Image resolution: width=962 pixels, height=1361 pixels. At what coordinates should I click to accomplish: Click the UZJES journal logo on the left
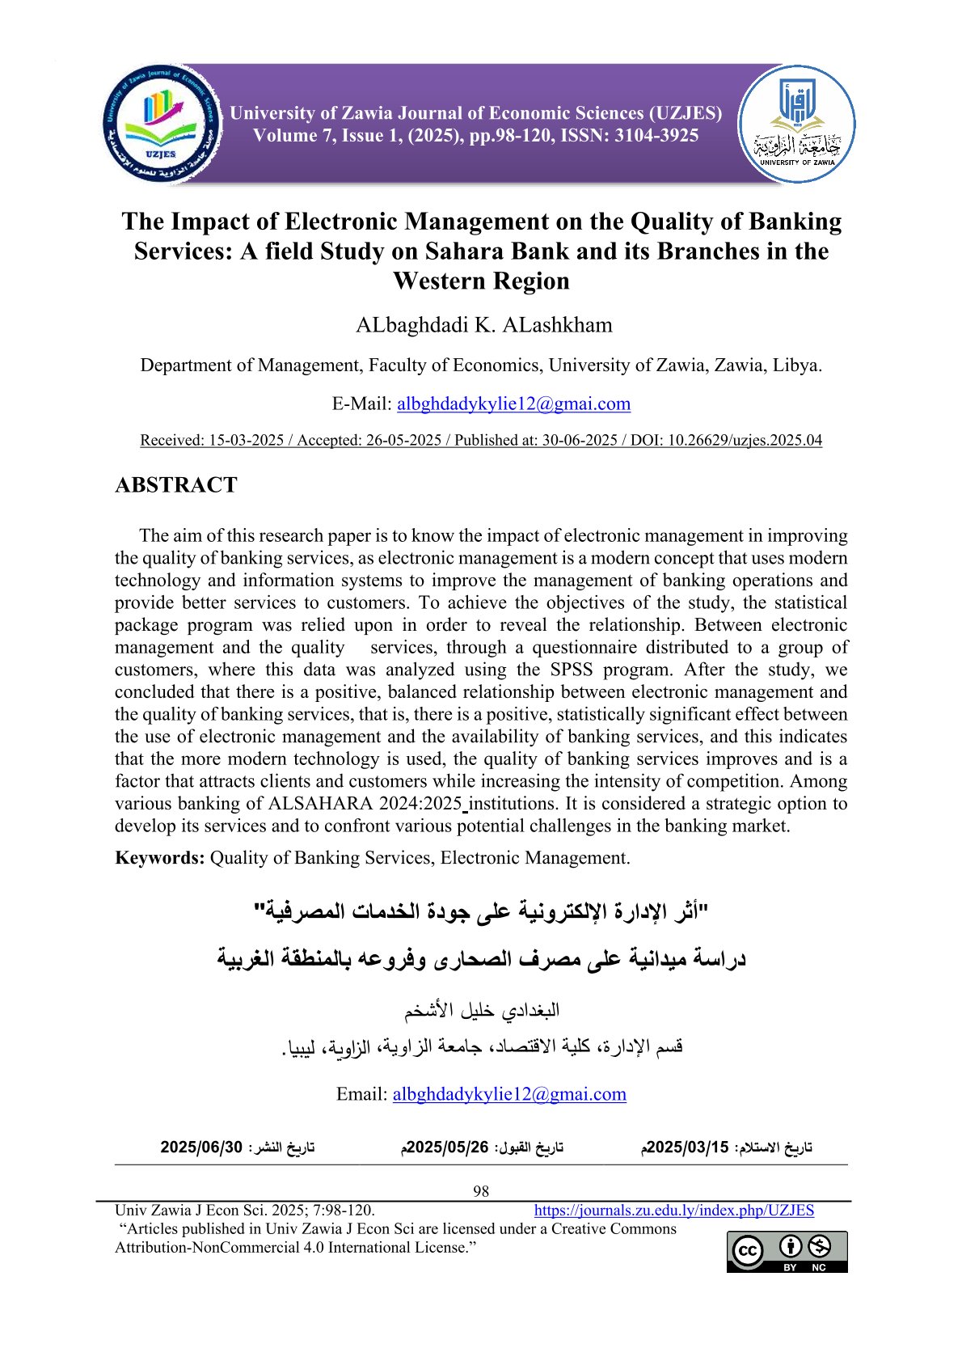pos(162,124)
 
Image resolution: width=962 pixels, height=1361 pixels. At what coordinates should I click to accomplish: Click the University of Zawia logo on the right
pos(796,124)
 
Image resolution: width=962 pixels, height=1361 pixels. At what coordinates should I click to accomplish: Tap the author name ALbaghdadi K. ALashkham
pos(483,325)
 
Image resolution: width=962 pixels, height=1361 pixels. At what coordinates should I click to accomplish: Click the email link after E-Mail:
pos(513,404)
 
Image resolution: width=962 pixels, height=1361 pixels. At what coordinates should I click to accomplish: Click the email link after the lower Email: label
pos(509,1094)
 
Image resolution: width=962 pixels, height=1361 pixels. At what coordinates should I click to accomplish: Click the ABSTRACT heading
pos(176,485)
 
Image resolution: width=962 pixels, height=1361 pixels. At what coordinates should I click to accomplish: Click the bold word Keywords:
pos(160,858)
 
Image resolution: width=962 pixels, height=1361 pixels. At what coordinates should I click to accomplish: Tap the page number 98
pos(481,1191)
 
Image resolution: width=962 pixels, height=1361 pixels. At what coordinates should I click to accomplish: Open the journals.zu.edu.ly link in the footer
pos(673,1211)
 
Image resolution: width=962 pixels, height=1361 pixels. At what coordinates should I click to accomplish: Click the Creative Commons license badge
pos(787,1252)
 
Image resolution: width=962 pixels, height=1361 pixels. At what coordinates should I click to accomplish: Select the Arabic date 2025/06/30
pos(201,1148)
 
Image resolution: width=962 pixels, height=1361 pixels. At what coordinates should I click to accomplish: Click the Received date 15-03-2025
pos(246,441)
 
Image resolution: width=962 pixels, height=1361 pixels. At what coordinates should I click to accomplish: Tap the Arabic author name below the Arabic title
pos(482,1011)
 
